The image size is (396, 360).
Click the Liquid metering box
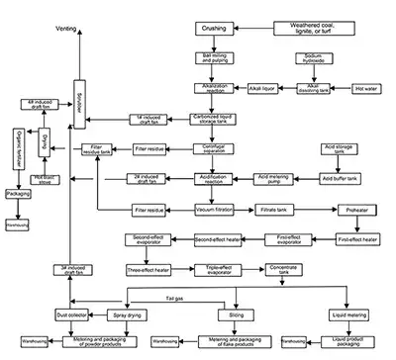tap(354, 315)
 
